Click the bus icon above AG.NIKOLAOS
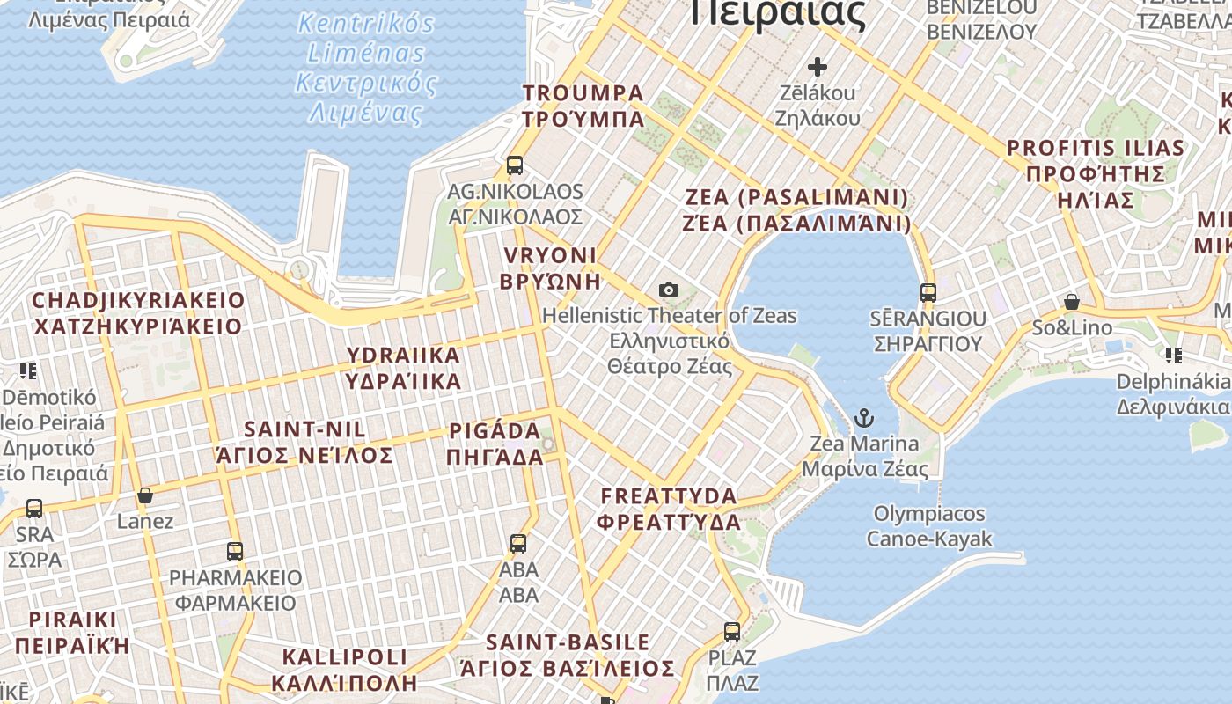(515, 165)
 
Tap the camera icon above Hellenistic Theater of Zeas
(669, 290)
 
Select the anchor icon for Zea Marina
(864, 417)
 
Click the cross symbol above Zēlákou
(818, 66)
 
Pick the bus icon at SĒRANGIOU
(928, 293)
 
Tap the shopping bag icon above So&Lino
(1072, 302)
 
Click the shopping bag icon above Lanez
(145, 495)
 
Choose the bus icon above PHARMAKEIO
(235, 552)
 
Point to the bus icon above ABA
(518, 544)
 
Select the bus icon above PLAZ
(732, 631)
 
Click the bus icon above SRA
(34, 508)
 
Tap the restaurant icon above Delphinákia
(1173, 356)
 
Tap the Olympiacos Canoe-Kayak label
(929, 526)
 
